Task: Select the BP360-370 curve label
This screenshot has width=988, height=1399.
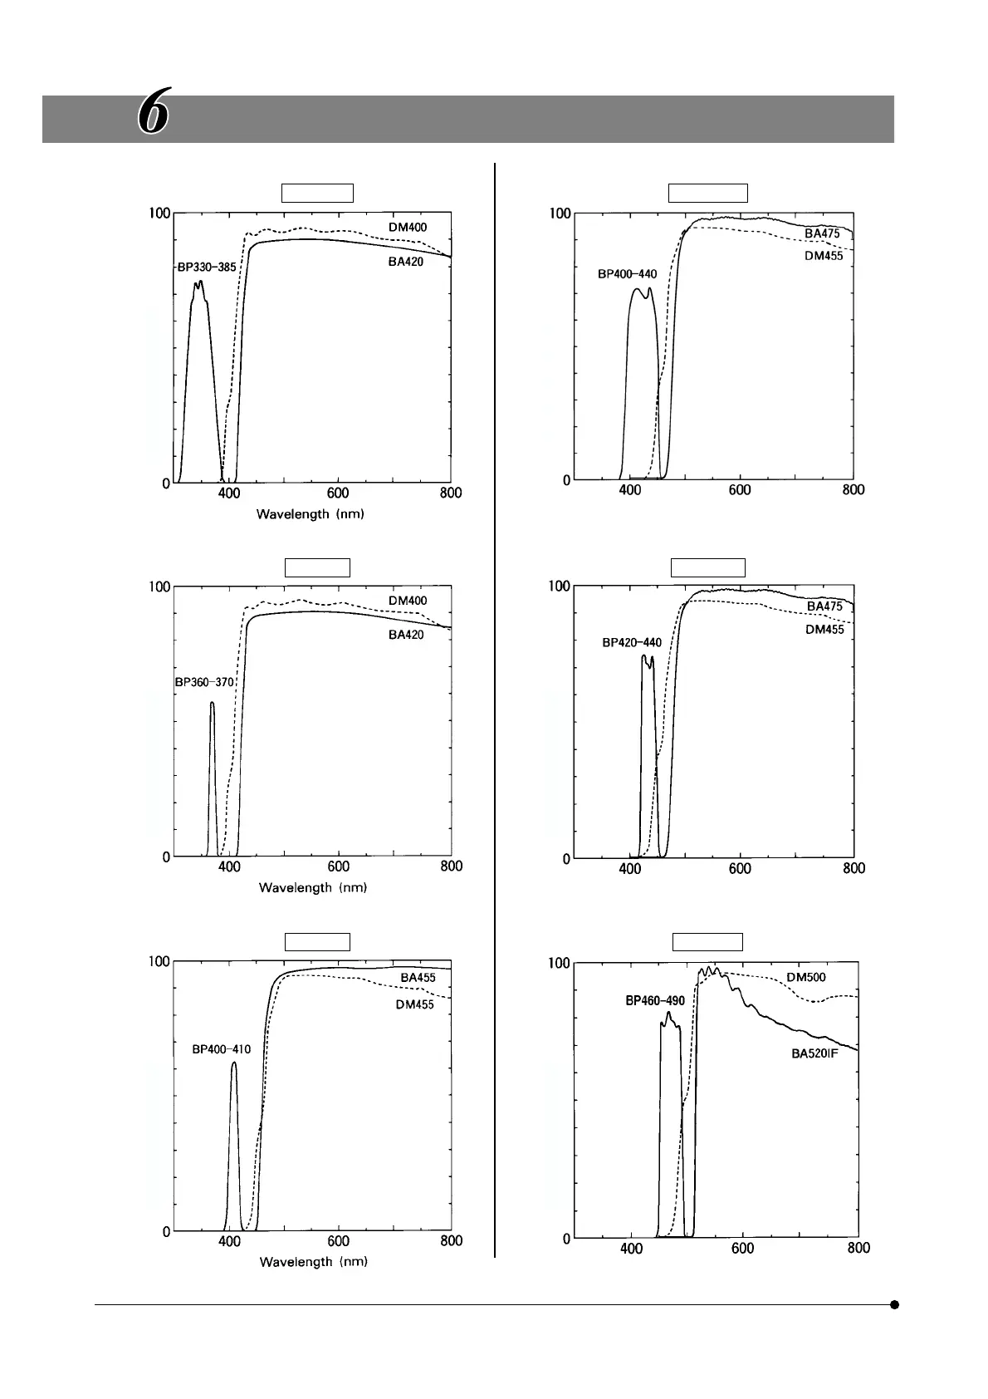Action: click(x=204, y=682)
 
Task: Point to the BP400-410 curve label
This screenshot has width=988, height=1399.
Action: click(x=222, y=1049)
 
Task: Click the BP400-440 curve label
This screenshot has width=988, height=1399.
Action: click(x=628, y=274)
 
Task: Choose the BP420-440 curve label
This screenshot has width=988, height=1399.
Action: click(x=632, y=642)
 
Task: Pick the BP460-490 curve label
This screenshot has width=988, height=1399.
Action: click(x=655, y=1001)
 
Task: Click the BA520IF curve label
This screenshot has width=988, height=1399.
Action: click(x=815, y=1054)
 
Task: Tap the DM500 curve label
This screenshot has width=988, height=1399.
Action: click(x=806, y=977)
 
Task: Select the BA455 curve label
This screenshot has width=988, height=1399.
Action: click(x=418, y=978)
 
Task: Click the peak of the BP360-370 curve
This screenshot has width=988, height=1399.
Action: click(x=212, y=704)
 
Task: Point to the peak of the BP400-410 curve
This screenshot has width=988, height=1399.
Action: click(x=234, y=1063)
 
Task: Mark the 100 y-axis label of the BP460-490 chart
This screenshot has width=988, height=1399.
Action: click(x=560, y=963)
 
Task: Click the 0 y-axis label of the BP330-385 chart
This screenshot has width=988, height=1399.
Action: click(x=165, y=484)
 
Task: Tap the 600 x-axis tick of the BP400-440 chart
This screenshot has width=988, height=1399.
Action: click(x=740, y=490)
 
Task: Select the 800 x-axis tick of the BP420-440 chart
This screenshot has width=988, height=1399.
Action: click(x=853, y=868)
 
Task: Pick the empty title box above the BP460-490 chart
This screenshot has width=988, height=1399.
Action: click(x=707, y=941)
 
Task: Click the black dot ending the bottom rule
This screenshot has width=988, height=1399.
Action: click(x=894, y=1304)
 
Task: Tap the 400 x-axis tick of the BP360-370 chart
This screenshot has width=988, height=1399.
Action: click(x=229, y=866)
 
